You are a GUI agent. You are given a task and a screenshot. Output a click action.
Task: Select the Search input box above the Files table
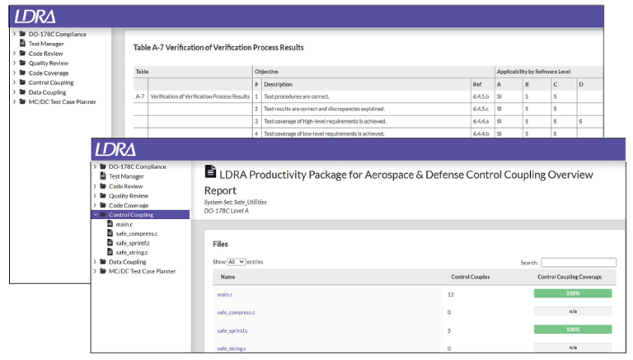[x=579, y=262]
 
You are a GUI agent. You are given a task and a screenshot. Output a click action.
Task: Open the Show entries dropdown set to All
[x=237, y=262]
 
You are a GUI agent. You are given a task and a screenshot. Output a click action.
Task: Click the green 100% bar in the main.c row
[x=573, y=293]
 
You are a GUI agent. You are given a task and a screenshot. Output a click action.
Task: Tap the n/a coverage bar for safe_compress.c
[x=573, y=311]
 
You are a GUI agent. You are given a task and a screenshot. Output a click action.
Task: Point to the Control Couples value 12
[x=451, y=295]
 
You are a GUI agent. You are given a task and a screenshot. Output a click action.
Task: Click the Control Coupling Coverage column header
[x=570, y=277]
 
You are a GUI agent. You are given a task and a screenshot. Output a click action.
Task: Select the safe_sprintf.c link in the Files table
[x=232, y=330]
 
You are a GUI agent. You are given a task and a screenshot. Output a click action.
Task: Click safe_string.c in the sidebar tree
[x=132, y=253]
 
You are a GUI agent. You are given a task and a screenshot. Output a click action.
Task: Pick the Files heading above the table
[x=220, y=244]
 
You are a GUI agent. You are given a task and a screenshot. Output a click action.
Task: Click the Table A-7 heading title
[x=218, y=48]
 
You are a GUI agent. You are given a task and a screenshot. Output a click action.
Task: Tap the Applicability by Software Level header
[x=534, y=72]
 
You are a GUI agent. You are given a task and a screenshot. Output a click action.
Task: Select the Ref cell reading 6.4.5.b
[x=481, y=97]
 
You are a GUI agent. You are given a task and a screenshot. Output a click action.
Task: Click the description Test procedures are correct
[x=297, y=97]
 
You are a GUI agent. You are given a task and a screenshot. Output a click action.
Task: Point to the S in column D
[x=580, y=121]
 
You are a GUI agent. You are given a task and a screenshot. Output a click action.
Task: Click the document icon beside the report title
[x=210, y=171]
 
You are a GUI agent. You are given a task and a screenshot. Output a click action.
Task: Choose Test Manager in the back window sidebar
[x=46, y=44]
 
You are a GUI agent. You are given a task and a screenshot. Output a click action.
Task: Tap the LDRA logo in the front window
[x=115, y=150]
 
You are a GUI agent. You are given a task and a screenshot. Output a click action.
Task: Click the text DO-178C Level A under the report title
[x=226, y=211]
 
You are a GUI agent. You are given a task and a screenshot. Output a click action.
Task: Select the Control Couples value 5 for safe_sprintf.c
[x=449, y=330]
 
